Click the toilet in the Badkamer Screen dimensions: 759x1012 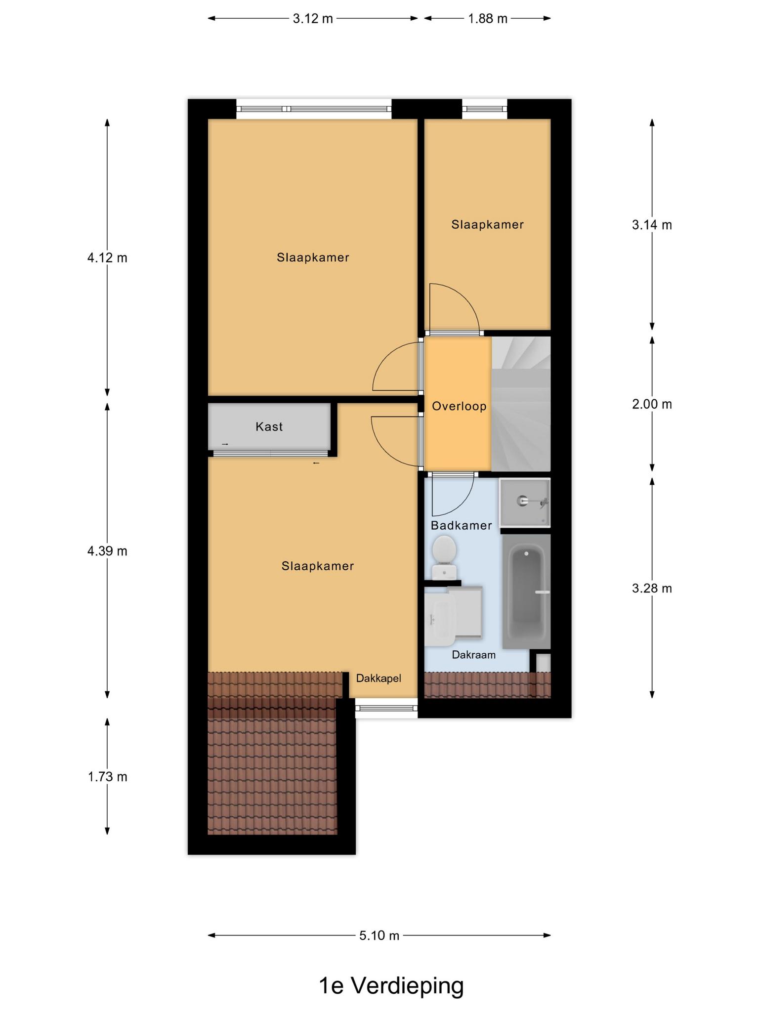[444, 557]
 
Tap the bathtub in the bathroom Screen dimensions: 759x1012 [526, 591]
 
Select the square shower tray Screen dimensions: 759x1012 [525, 503]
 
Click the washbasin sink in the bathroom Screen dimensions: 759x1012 [440, 620]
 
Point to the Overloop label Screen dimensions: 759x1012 [459, 406]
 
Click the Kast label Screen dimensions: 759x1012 [269, 426]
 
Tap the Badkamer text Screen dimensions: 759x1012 [461, 525]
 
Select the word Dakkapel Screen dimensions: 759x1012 [379, 678]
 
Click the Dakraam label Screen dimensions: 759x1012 [473, 655]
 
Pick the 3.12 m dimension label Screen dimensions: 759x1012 [313, 19]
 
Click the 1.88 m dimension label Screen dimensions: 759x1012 [488, 19]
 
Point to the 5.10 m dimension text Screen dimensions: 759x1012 [379, 935]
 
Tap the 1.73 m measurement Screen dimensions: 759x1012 [107, 777]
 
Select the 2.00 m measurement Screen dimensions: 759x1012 [652, 404]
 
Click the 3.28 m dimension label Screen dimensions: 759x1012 [652, 588]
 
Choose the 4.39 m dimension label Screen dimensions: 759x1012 [107, 550]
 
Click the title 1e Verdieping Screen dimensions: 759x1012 [391, 986]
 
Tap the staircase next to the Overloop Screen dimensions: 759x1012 [521, 404]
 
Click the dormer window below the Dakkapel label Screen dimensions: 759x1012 [386, 709]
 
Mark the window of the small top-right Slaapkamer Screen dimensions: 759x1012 [485, 109]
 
